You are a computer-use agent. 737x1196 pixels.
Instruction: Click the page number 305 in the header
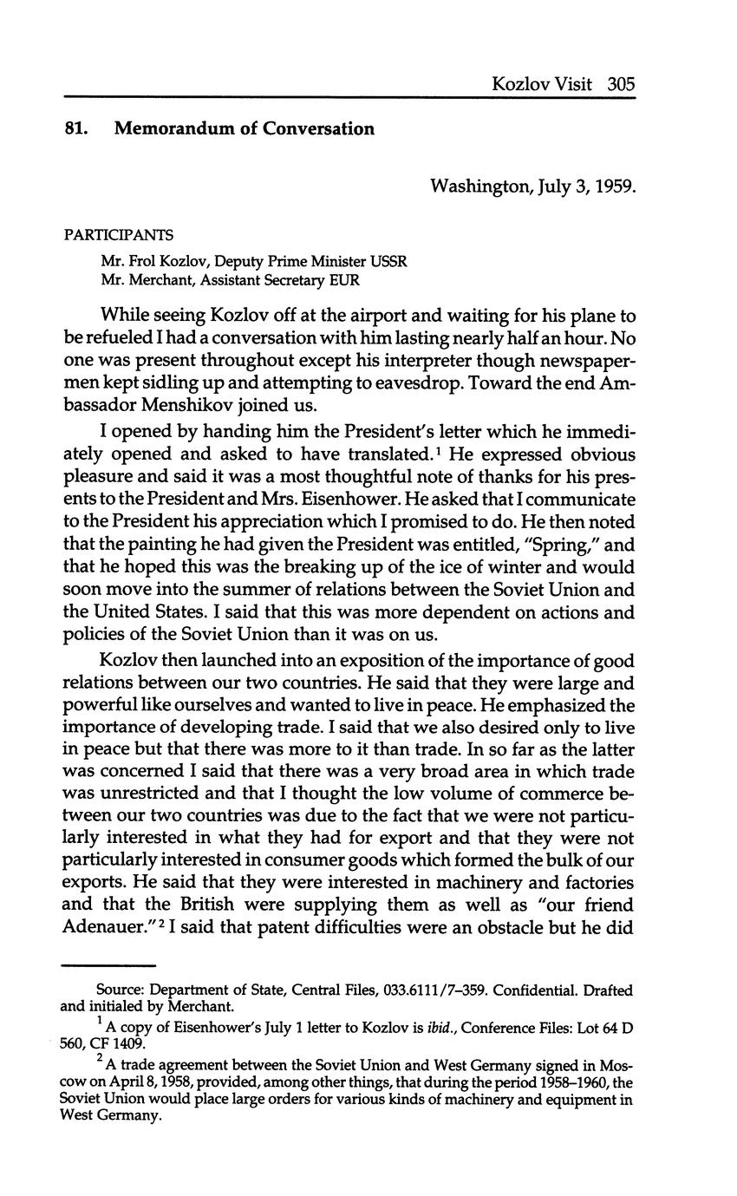click(x=622, y=84)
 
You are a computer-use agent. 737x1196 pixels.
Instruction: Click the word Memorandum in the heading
click(x=173, y=129)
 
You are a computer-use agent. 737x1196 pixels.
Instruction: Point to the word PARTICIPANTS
click(x=119, y=236)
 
